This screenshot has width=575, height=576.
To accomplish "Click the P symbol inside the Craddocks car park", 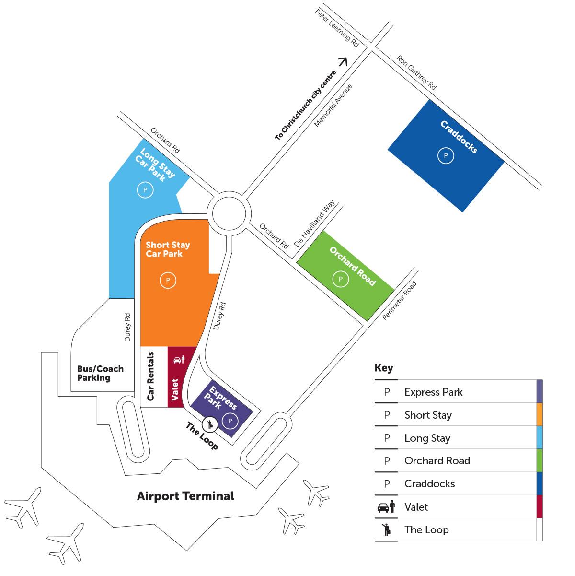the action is coord(446,156).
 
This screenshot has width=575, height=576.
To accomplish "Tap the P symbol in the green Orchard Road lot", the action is coord(341,279).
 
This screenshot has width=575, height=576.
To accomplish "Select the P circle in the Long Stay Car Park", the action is coord(145,190).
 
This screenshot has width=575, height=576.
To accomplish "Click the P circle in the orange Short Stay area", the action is coord(168,281).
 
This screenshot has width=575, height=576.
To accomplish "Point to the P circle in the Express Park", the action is coord(230,421).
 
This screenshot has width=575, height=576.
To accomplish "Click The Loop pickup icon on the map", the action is coord(210,424).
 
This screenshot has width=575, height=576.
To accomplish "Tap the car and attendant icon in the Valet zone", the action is coord(179,359).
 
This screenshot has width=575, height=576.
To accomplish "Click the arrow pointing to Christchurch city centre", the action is coord(344,61).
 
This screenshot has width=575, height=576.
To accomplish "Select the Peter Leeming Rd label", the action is coord(337,28).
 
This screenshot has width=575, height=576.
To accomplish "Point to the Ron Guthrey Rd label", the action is coord(416,72).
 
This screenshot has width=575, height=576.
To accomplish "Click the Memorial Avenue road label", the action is coord(333,106).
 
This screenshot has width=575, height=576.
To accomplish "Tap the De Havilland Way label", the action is coord(314,223).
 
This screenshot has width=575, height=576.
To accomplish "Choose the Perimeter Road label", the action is coord(399,301).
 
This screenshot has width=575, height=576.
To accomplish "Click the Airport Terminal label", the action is coord(185,496).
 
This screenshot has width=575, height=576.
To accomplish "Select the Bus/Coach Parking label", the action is coord(100,373).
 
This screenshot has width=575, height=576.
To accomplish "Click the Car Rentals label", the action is coord(150,376).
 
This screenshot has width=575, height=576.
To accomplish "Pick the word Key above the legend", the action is coord(384,368).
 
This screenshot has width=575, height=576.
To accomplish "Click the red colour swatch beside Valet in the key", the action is coord(540,507).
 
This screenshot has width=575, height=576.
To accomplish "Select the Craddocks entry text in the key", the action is coord(429,484).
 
